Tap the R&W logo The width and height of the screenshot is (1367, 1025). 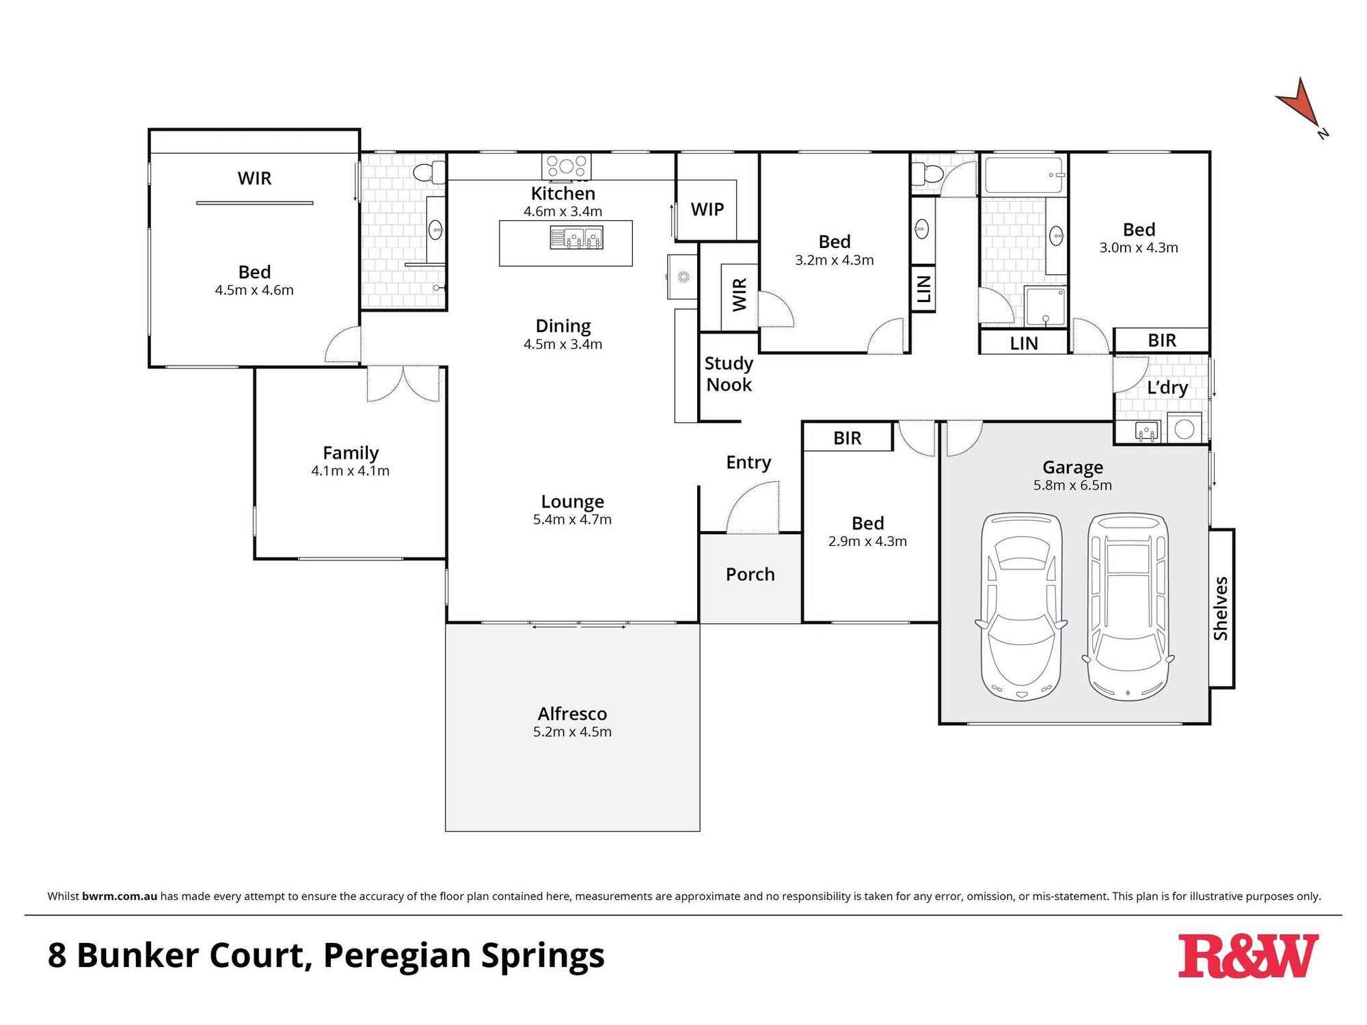pyautogui.click(x=1248, y=956)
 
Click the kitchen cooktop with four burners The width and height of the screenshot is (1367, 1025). pyautogui.click(x=566, y=166)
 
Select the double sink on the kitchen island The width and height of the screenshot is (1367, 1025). pyautogui.click(x=576, y=238)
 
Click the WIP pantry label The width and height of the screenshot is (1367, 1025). pyautogui.click(x=707, y=210)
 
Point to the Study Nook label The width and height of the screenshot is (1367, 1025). pyautogui.click(x=729, y=374)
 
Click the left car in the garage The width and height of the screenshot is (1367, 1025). pyautogui.click(x=1021, y=607)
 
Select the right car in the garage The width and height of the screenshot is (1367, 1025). pyautogui.click(x=1128, y=607)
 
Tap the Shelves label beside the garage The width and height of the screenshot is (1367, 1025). pyautogui.click(x=1221, y=608)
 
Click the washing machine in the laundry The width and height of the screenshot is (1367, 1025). pyautogui.click(x=1184, y=429)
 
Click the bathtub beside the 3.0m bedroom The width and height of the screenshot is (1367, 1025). pyautogui.click(x=1024, y=175)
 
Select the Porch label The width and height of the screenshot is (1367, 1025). pyautogui.click(x=750, y=575)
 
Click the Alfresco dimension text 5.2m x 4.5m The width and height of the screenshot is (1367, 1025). pyautogui.click(x=572, y=732)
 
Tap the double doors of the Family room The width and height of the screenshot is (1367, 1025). pyautogui.click(x=403, y=384)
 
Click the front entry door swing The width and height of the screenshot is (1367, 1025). pyautogui.click(x=752, y=509)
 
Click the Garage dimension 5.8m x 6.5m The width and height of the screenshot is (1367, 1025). pyautogui.click(x=1072, y=485)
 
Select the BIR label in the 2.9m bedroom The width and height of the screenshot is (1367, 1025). pyautogui.click(x=847, y=438)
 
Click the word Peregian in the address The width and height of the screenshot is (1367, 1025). pyautogui.click(x=396, y=956)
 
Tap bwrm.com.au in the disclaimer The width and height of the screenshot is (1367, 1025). pyautogui.click(x=120, y=896)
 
